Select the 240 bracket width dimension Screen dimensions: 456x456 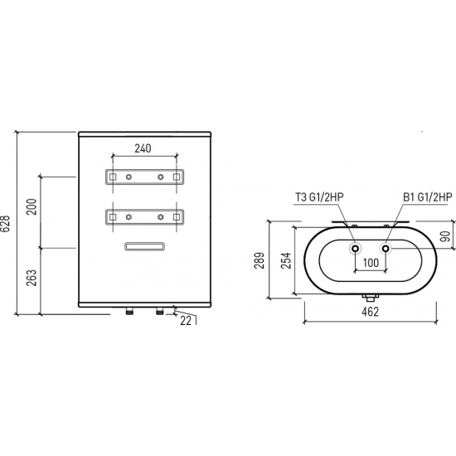click(x=142, y=149)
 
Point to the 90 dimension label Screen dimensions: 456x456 click(x=445, y=236)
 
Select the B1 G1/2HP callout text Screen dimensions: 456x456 click(x=427, y=196)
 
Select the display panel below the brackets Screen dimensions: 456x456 click(x=144, y=245)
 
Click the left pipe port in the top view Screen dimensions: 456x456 click(x=355, y=249)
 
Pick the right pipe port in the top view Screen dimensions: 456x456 click(x=386, y=249)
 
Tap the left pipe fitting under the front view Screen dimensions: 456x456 click(x=129, y=313)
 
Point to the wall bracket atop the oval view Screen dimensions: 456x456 click(x=371, y=223)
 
